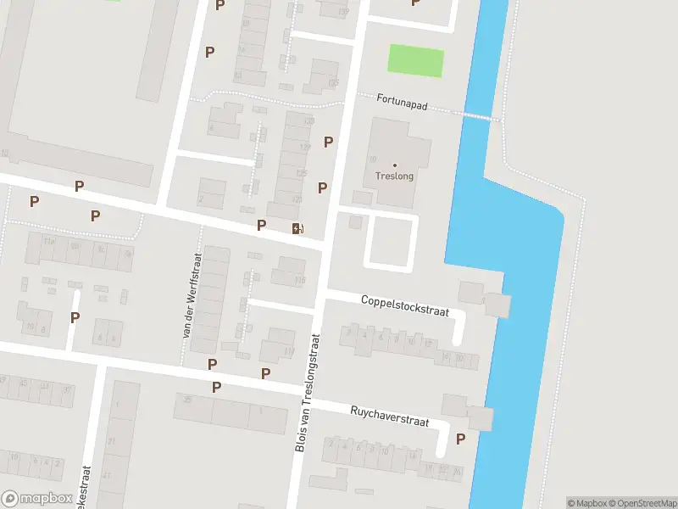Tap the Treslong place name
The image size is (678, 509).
[x=395, y=176]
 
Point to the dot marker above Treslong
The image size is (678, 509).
[x=395, y=164]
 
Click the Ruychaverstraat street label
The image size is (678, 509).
[x=389, y=416]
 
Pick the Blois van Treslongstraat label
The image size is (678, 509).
[x=309, y=390]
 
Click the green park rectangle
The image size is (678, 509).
[x=415, y=60]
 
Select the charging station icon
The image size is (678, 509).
[x=296, y=227]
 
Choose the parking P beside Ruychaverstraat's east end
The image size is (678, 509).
[x=460, y=439]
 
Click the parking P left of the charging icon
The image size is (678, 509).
[x=261, y=225]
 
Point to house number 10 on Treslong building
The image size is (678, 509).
[x=372, y=159]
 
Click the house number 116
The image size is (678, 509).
[x=299, y=280]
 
